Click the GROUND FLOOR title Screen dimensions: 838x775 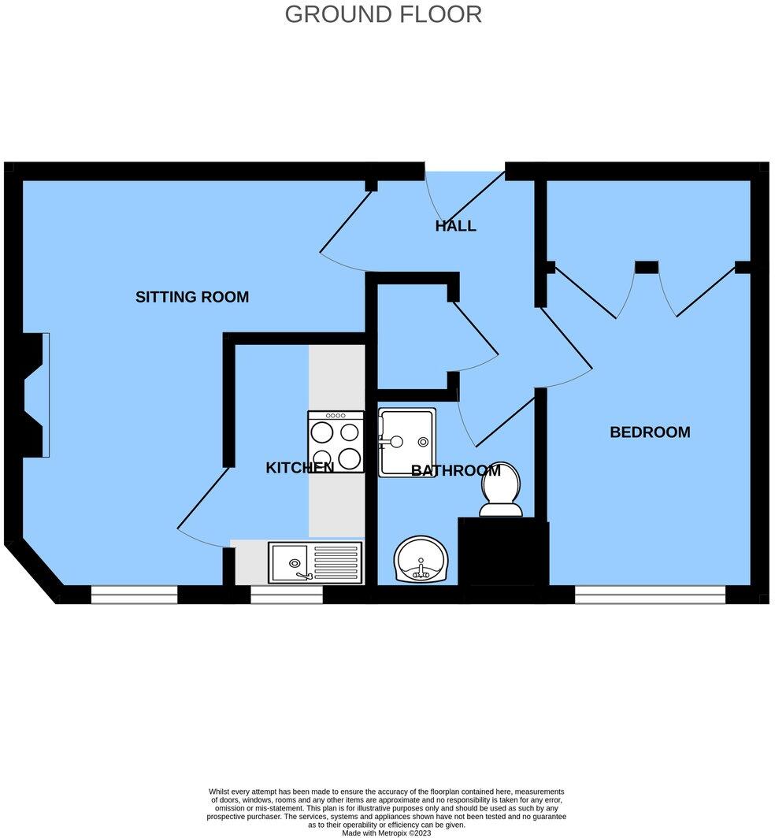coord(383,14)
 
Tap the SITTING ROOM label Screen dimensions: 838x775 coord(192,297)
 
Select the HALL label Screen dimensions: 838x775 coord(455,226)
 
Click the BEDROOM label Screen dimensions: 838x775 coord(650,432)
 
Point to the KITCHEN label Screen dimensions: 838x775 coord(299,467)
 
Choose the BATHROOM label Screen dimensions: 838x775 coord(455,471)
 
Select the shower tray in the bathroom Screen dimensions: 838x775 coord(407,442)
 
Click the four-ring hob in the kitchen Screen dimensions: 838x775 coord(336,442)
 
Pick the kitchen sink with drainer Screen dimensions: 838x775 coord(315,562)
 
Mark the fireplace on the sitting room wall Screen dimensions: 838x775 coord(35,395)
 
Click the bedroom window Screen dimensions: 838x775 coord(650,595)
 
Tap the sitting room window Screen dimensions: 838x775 coord(134,595)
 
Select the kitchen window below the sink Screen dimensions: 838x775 coord(287,595)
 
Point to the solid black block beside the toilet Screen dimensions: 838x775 coord(502,551)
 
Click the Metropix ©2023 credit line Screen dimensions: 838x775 coord(387,832)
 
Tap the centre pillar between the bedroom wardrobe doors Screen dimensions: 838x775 coord(646,267)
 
